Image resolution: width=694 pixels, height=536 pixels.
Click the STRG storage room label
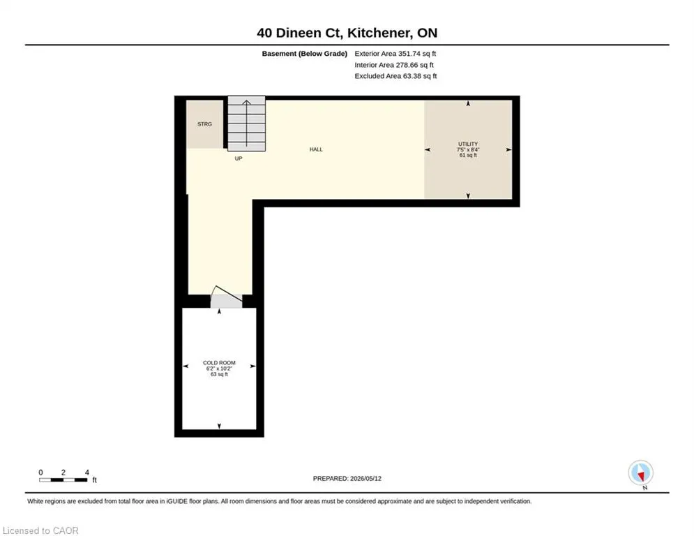coord(204,124)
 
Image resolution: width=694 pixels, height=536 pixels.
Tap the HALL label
coord(316,149)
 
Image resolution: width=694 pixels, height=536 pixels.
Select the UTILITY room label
coord(468,144)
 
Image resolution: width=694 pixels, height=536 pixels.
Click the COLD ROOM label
coord(219,363)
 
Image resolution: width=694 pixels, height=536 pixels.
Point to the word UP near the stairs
coord(239,158)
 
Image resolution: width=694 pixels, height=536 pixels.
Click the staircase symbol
coord(246,124)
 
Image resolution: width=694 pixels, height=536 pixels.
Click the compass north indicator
coord(640,473)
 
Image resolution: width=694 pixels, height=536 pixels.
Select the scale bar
coord(63,479)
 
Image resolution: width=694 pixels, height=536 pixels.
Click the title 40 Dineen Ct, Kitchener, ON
coord(347,33)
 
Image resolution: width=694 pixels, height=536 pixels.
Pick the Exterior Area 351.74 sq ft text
coord(395,54)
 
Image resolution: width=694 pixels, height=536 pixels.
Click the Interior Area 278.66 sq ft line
coord(394,65)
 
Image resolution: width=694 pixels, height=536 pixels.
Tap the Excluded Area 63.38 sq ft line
coord(395,76)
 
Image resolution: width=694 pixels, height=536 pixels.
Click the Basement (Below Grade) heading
coord(305,54)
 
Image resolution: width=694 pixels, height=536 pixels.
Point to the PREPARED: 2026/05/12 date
coord(347,478)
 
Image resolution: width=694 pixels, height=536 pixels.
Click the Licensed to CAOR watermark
coord(40,530)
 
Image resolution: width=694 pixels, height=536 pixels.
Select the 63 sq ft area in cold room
coord(219,374)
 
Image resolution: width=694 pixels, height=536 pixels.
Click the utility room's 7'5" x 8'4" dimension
coord(468,150)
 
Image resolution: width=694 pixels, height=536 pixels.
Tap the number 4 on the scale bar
coord(86,472)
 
